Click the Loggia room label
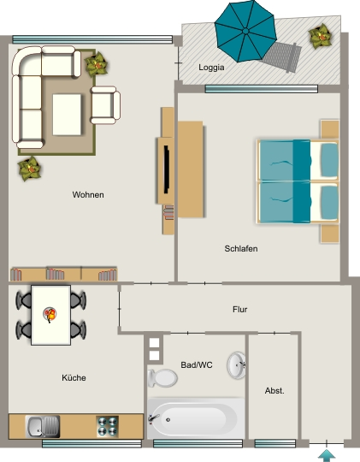click(x=211, y=68)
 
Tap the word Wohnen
click(x=88, y=195)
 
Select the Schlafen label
click(x=241, y=249)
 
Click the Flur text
click(x=239, y=310)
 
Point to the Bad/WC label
click(x=197, y=365)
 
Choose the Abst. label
click(x=274, y=391)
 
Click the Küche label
click(x=74, y=378)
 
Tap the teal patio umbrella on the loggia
click(x=245, y=31)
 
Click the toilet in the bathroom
click(x=162, y=378)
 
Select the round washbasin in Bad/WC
click(x=236, y=365)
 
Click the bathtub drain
click(x=168, y=420)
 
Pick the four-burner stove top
click(x=108, y=426)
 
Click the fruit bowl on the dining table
click(x=50, y=314)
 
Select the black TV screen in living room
click(x=167, y=169)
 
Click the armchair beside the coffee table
click(x=105, y=105)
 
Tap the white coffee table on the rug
click(x=67, y=115)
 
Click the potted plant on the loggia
click(x=320, y=36)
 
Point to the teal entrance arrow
click(x=327, y=455)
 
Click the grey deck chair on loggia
click(x=282, y=56)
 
